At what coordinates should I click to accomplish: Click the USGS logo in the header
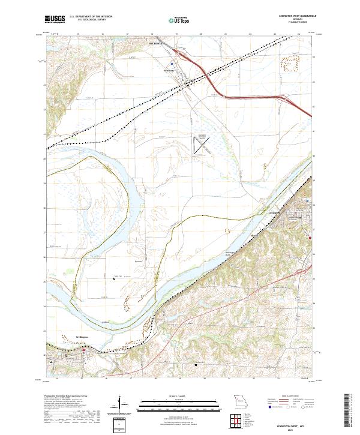[55, 20]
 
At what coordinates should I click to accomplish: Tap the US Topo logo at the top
[180, 20]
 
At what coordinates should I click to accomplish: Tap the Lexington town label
[275, 212]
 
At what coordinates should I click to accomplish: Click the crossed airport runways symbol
[202, 144]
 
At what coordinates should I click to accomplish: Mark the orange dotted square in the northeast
[293, 64]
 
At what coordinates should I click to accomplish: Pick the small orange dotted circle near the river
[227, 230]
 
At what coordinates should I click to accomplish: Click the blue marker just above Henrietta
[172, 63]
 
